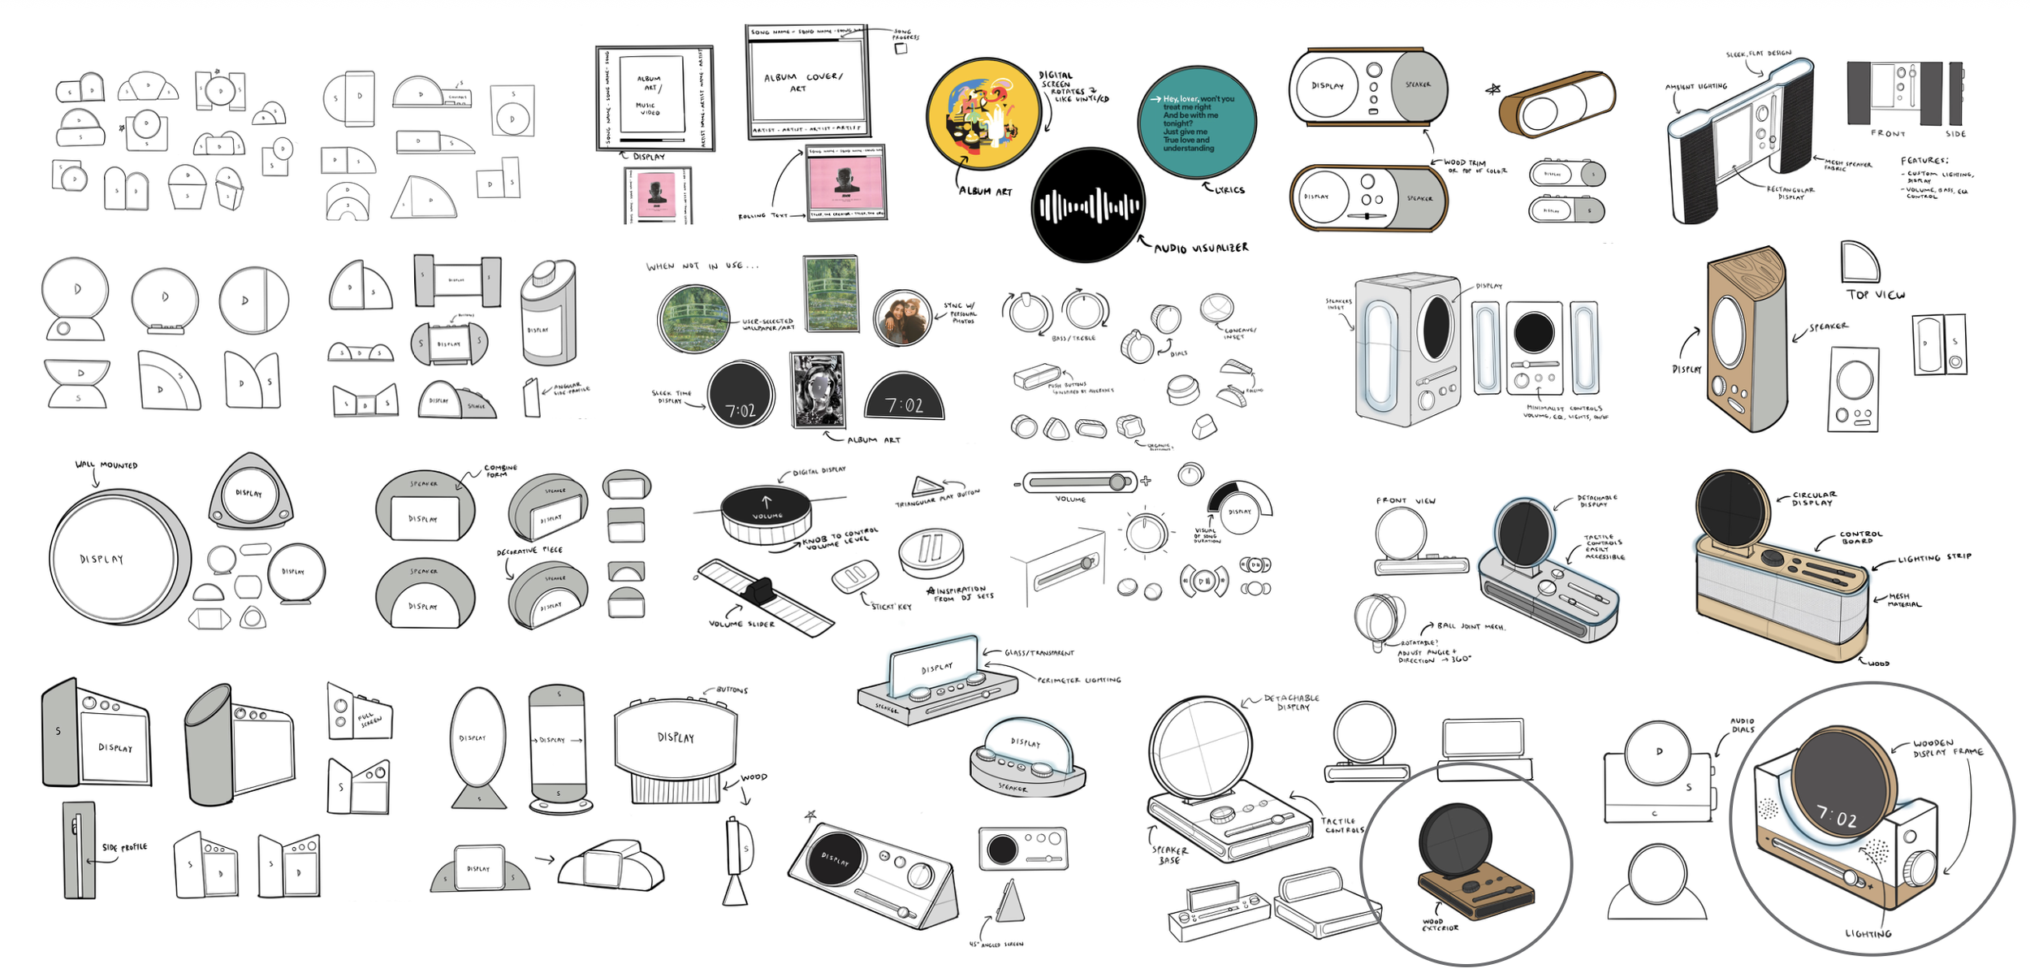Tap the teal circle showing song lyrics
tap(1197, 123)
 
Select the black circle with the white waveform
tap(1088, 205)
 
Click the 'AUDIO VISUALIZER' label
tap(1201, 248)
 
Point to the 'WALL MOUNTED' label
tap(106, 465)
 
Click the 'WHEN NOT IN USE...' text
tap(702, 266)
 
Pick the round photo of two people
tap(902, 318)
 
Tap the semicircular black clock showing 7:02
tap(904, 398)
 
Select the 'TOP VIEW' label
tap(1876, 295)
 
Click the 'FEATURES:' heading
tap(1924, 161)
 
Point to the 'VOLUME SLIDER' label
tap(741, 624)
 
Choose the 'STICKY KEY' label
tap(891, 606)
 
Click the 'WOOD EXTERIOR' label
tap(1440, 924)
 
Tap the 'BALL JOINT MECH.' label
tap(1471, 626)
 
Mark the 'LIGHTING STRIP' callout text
tap(1934, 559)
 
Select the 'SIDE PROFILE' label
tap(124, 847)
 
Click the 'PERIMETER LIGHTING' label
tap(1078, 680)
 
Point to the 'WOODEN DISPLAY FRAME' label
tap(1947, 748)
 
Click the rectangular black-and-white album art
tap(818, 391)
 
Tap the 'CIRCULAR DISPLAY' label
tap(1814, 499)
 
